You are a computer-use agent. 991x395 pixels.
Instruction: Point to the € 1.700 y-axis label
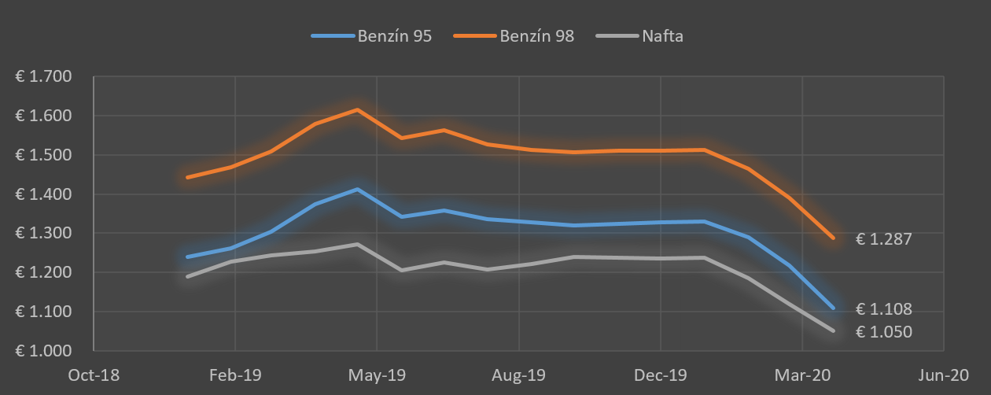(43, 77)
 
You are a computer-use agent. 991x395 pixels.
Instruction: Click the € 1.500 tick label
(43, 155)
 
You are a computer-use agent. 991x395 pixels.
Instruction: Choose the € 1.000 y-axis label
(43, 351)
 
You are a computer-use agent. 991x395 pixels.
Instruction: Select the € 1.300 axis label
(43, 234)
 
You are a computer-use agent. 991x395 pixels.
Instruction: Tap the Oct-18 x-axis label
(94, 375)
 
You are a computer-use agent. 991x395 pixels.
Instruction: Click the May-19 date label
(377, 375)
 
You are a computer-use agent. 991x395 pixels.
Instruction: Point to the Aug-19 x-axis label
(518, 375)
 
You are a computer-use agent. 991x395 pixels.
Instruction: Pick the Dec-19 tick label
(661, 375)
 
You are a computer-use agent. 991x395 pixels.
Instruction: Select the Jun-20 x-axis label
(943, 375)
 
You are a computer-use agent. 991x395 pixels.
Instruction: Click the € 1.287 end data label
(884, 239)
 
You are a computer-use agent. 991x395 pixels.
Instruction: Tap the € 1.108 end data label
(884, 309)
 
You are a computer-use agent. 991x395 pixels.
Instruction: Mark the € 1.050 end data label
(884, 332)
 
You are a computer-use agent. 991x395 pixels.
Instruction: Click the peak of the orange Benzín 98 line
(358, 109)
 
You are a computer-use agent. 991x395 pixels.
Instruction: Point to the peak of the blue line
(358, 189)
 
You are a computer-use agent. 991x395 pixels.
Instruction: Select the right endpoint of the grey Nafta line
(833, 330)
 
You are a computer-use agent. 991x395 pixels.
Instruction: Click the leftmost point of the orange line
(187, 177)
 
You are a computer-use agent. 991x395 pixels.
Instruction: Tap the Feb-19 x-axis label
(235, 375)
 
